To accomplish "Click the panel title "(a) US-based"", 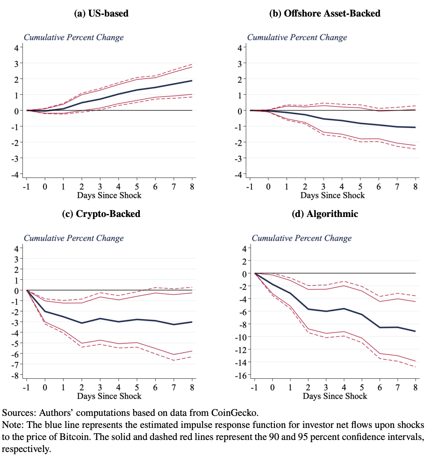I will (101, 14).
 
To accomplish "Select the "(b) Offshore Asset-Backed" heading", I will (325, 14).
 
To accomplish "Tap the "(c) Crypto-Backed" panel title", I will (101, 214).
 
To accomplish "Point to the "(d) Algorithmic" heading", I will (325, 214).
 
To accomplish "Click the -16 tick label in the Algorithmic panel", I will (241, 375).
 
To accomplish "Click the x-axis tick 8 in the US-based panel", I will (192, 187).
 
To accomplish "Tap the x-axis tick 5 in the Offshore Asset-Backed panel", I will (360, 187).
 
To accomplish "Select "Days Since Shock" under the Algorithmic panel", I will (335, 396).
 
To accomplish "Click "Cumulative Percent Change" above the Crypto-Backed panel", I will (74, 238).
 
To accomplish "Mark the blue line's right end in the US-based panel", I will (192, 80).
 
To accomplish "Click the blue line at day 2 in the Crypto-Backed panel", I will (82, 323).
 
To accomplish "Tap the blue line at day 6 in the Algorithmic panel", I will (380, 328).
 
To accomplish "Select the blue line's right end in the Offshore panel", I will (415, 127).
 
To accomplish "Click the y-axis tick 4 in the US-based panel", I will (16, 48).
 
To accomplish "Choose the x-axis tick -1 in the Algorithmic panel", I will (254, 387).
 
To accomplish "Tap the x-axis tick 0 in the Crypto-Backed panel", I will (45, 387).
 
